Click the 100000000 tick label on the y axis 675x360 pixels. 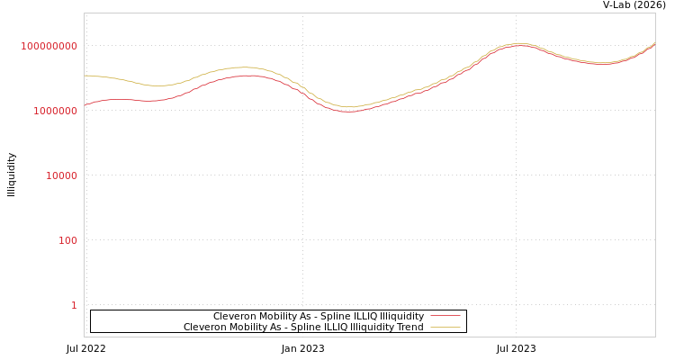49,46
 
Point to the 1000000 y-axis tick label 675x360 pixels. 55,111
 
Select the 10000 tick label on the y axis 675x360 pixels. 61,175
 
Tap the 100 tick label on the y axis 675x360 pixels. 67,240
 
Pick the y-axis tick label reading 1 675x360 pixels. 74,305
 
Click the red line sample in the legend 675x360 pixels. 445,316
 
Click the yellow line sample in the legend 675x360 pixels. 445,327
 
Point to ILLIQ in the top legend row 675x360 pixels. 344,316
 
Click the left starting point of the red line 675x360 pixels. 85,104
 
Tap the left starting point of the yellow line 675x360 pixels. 85,76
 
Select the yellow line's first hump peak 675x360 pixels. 245,67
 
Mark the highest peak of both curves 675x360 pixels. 518,43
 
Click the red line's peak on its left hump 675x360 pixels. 247,76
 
